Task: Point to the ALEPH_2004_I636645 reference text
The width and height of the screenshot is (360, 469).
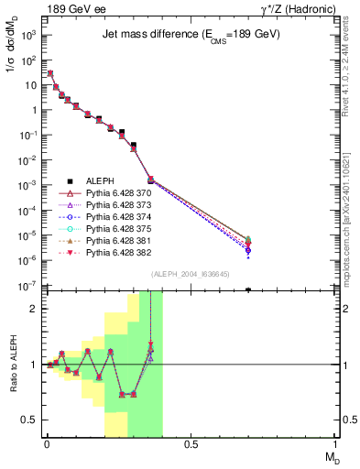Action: [x=190, y=274]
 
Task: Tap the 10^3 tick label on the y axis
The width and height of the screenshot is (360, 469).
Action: [x=29, y=35]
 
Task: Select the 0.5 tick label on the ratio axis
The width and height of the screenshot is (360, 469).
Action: [x=30, y=420]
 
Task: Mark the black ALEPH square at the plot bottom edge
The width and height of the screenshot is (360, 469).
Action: [x=248, y=289]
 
